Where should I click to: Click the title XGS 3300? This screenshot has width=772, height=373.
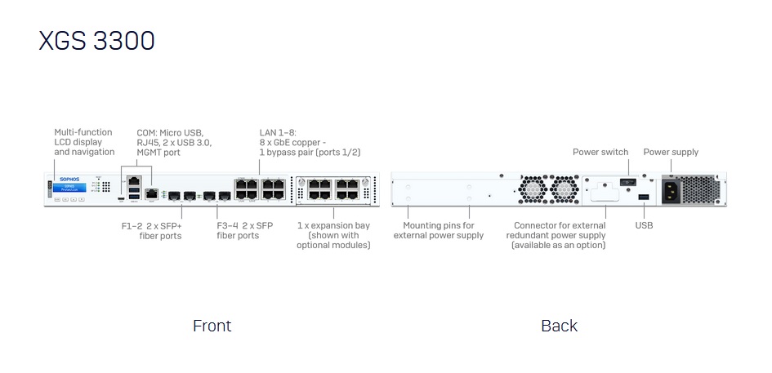[x=96, y=41]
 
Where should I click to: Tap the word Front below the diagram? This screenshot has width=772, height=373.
[x=212, y=326]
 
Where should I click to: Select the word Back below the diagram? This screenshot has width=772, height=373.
[x=559, y=326]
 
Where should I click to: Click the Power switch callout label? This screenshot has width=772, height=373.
[x=600, y=152]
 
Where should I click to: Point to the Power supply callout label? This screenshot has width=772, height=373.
[x=671, y=152]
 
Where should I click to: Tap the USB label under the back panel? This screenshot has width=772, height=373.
[x=644, y=224]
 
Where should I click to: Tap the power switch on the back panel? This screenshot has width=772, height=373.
[x=627, y=182]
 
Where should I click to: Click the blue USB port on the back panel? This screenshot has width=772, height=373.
[x=644, y=198]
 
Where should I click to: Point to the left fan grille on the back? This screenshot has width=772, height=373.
[x=536, y=190]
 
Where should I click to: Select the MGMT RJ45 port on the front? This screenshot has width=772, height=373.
[x=152, y=193]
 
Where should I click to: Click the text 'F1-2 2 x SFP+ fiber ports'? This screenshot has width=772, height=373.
[x=154, y=230]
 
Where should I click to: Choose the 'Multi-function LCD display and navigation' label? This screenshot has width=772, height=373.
[x=84, y=142]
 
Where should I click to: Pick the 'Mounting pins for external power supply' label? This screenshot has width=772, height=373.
[x=439, y=230]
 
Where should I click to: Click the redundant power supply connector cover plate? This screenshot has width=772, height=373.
[x=605, y=189]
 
